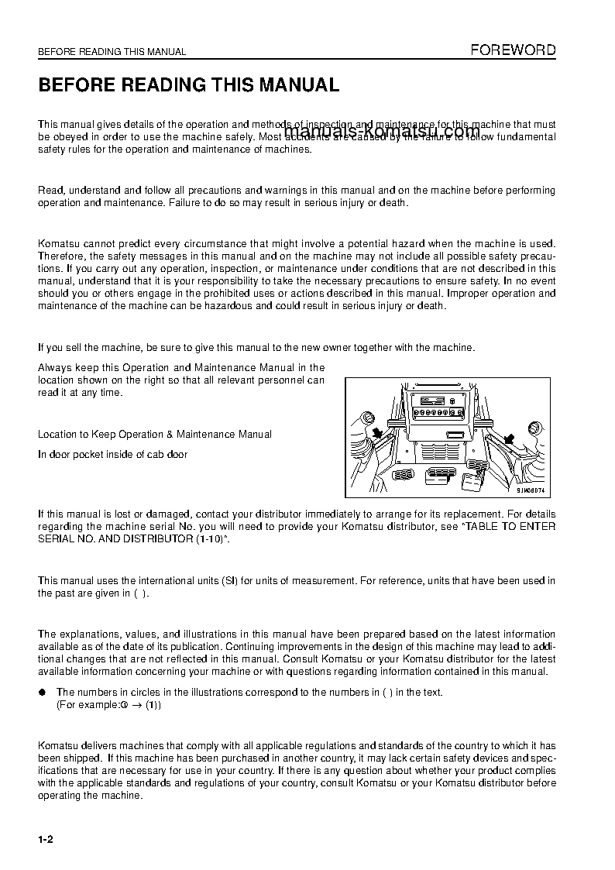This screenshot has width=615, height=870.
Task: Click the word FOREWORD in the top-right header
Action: point(513,50)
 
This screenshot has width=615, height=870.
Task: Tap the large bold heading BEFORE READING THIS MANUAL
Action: point(189,85)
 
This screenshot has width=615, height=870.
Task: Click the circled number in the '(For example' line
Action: point(123,706)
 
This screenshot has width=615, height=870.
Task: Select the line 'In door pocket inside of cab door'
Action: point(112,455)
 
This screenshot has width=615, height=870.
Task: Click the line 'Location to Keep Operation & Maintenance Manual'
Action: point(155,435)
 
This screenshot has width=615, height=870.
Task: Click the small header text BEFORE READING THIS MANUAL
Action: point(112,52)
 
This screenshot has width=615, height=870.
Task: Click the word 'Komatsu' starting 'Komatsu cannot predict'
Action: point(57,244)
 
